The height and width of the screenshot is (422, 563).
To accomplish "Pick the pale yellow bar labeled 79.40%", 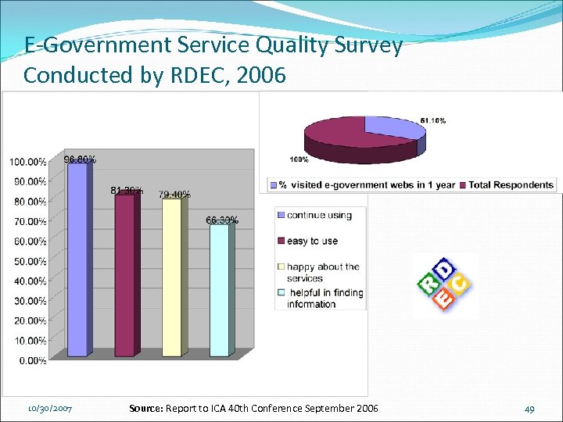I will [x=171, y=278].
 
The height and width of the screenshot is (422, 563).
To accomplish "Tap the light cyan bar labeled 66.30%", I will [x=219, y=290].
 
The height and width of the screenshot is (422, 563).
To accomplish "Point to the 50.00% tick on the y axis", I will [x=27, y=261].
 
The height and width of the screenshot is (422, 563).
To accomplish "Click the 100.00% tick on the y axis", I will [x=27, y=162].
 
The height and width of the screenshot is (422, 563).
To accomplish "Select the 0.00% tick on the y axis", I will [x=30, y=360].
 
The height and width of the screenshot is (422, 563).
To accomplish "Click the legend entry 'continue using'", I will [x=319, y=216].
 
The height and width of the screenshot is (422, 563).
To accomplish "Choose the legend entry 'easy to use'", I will [x=312, y=241].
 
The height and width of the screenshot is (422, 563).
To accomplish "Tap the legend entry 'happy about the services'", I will [x=322, y=272].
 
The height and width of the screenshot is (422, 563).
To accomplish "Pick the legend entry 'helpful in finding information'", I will [x=325, y=299].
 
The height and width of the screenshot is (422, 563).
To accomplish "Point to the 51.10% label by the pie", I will [x=433, y=120].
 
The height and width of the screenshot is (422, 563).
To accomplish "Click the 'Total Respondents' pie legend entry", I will [x=510, y=185].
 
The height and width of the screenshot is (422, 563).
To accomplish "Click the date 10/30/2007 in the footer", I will [x=50, y=409].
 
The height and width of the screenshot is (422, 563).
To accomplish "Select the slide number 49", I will [x=530, y=409].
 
